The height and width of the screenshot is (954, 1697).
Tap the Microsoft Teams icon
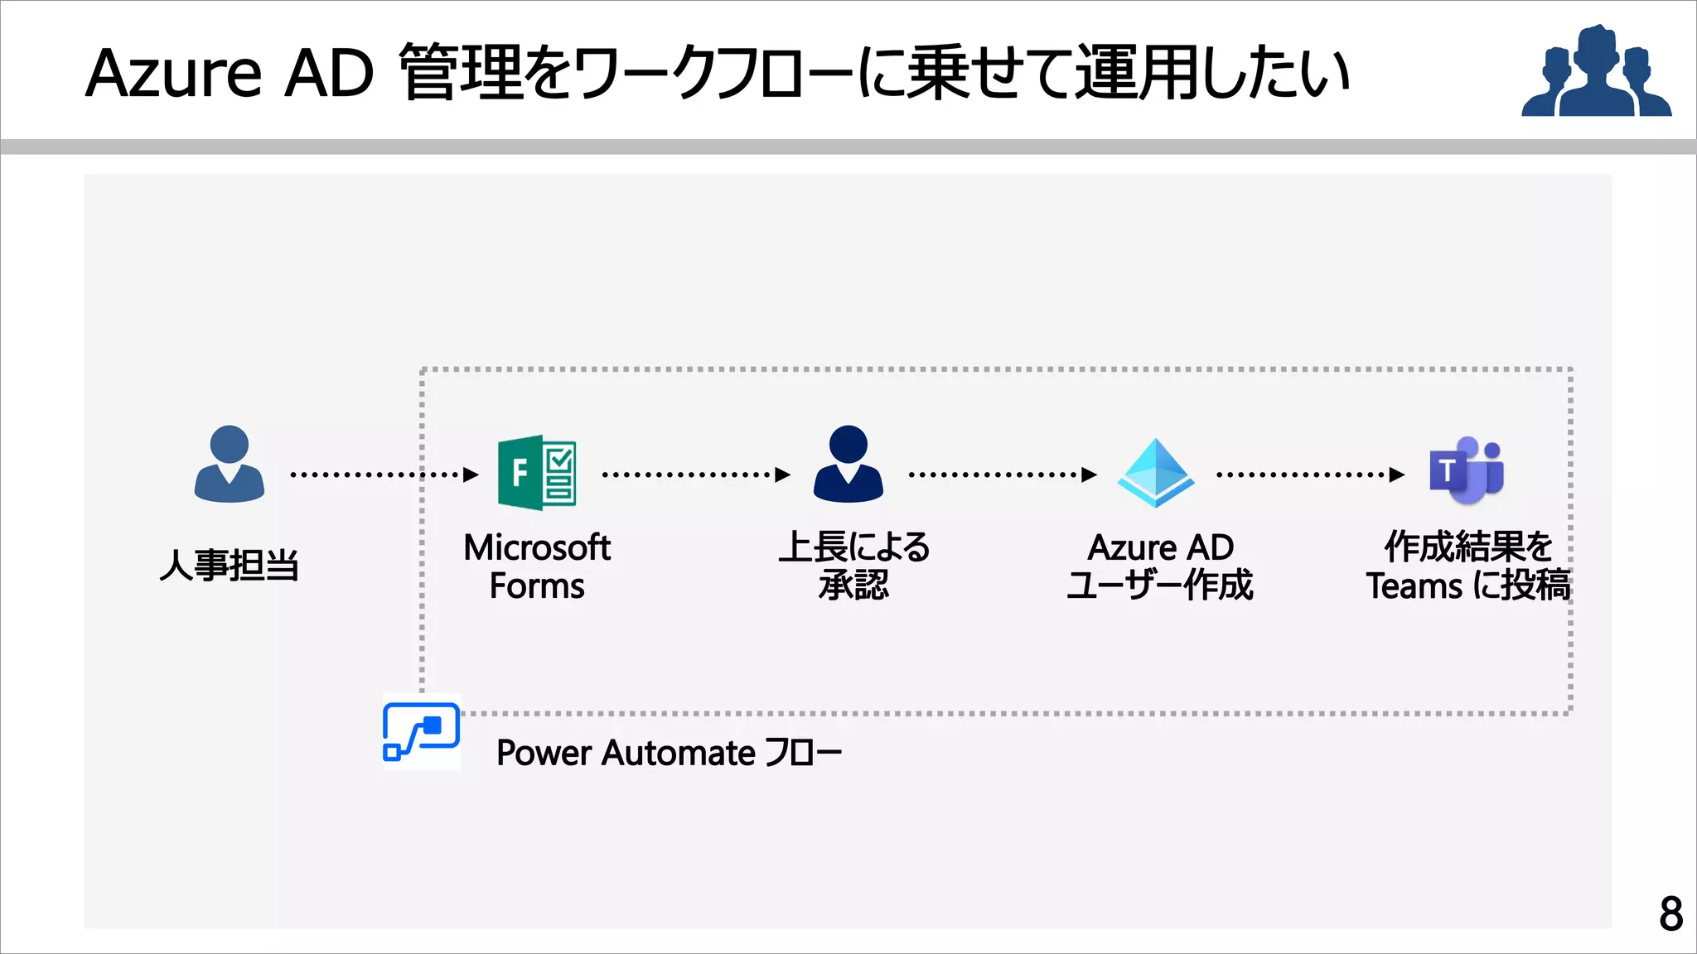point(1467,470)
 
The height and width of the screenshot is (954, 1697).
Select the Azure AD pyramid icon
point(1156,473)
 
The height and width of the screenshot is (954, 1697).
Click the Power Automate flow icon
point(421,731)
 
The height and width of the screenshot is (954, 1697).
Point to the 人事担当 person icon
point(230,465)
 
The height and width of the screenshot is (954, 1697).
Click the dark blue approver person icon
point(848,465)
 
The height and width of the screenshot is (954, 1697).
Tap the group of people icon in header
point(1596,72)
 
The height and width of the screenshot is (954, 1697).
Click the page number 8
point(1670,914)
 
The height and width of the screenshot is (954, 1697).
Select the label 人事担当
point(230,566)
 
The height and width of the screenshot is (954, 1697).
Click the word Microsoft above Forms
point(537,547)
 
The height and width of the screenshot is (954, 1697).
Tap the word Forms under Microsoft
point(537,586)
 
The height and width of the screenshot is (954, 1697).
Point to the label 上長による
point(854,547)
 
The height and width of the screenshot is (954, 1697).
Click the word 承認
point(854,585)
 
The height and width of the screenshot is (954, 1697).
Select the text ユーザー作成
point(1160,585)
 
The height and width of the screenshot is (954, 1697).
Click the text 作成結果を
point(1468,547)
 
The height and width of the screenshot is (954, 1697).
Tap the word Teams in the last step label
point(1414,586)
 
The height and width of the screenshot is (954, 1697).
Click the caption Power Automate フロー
point(669,753)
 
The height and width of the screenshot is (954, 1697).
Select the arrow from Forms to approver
point(696,475)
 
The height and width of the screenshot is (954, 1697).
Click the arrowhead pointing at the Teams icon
point(1397,475)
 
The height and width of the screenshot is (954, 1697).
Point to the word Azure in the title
point(174,75)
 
